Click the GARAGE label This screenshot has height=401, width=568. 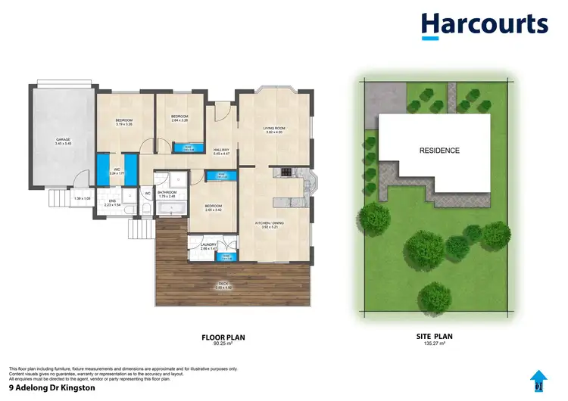click(x=62, y=140)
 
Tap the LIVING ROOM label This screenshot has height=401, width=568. click(x=273, y=128)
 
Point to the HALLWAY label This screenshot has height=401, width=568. click(x=221, y=150)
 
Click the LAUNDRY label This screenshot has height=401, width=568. click(x=209, y=244)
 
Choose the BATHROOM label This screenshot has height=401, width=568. click(x=167, y=192)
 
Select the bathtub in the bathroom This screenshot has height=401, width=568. click(x=173, y=206)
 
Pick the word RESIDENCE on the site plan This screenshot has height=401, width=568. click(x=439, y=151)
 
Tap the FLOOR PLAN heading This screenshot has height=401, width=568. click(x=223, y=337)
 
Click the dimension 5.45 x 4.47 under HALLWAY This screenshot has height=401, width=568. click(x=221, y=154)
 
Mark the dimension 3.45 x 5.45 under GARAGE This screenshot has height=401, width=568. click(x=62, y=144)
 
